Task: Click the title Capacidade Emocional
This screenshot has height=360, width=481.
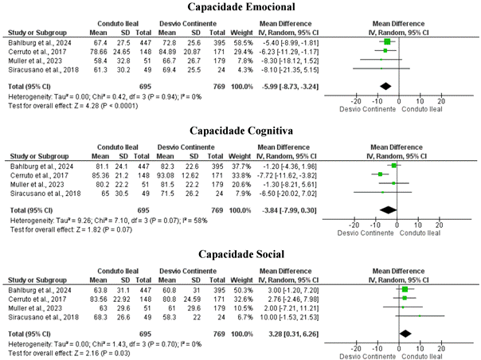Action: pos(240,7)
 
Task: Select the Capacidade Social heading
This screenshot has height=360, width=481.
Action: pos(240,255)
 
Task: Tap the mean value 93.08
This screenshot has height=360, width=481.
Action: pos(168,174)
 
